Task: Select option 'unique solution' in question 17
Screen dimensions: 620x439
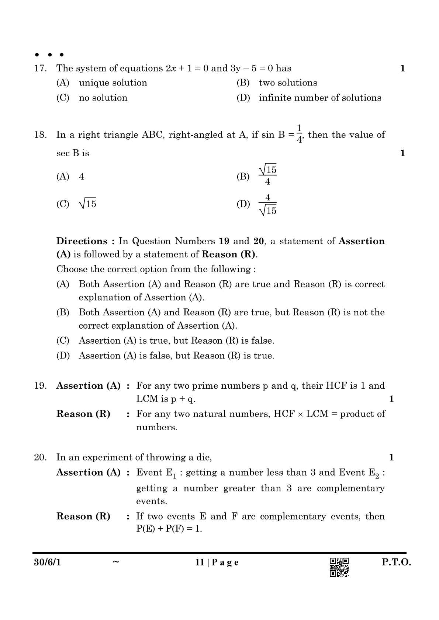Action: [113, 83]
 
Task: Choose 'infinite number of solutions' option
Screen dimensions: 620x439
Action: [320, 98]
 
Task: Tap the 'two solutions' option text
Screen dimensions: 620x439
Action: [288, 83]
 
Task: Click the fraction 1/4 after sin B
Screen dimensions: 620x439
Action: [299, 134]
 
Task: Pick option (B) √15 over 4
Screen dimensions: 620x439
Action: [267, 175]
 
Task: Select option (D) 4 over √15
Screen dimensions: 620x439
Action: [267, 204]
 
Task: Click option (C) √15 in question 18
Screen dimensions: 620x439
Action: [87, 204]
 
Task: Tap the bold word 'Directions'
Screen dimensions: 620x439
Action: [82, 241]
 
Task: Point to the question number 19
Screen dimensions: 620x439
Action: [40, 386]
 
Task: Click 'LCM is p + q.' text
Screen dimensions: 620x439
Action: [166, 399]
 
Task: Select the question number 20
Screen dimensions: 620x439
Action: [40, 458]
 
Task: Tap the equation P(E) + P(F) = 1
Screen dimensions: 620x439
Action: [169, 529]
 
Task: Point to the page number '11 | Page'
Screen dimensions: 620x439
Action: [217, 563]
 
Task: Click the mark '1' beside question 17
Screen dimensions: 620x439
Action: [402, 69]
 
